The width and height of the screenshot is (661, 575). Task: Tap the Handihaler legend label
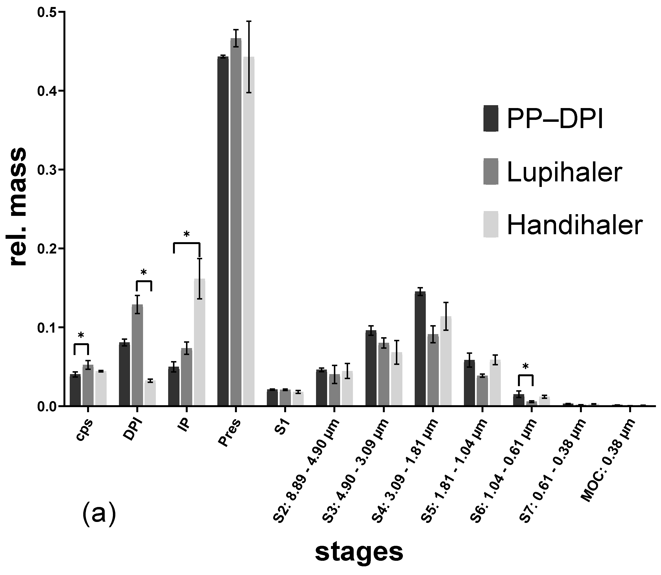575,225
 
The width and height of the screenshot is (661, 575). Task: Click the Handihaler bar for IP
200,342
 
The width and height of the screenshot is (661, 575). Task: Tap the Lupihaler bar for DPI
137,355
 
